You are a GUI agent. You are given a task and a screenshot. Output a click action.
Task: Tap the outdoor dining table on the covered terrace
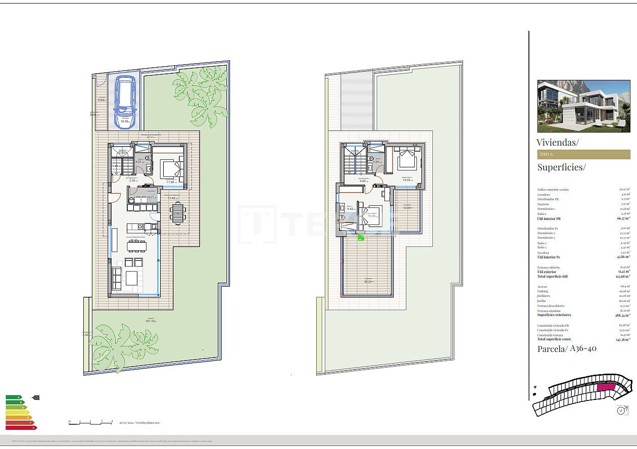[x=177, y=212]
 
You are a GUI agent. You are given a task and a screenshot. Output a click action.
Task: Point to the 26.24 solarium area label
[x=368, y=282]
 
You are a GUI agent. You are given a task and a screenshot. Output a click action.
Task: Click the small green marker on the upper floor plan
[x=361, y=237]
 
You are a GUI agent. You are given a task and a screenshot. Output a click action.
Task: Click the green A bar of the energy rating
[x=14, y=397]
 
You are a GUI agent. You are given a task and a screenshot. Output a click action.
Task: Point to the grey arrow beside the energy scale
[x=35, y=397]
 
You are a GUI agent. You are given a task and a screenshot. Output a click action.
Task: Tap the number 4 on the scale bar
[x=112, y=421]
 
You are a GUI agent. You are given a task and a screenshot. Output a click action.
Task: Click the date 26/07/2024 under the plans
[x=127, y=422]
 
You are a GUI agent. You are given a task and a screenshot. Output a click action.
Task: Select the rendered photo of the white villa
[x=583, y=106]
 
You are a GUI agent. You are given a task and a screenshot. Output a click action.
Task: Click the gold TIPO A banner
[x=583, y=154]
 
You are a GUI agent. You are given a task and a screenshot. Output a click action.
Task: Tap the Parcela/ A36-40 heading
[x=567, y=348]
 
